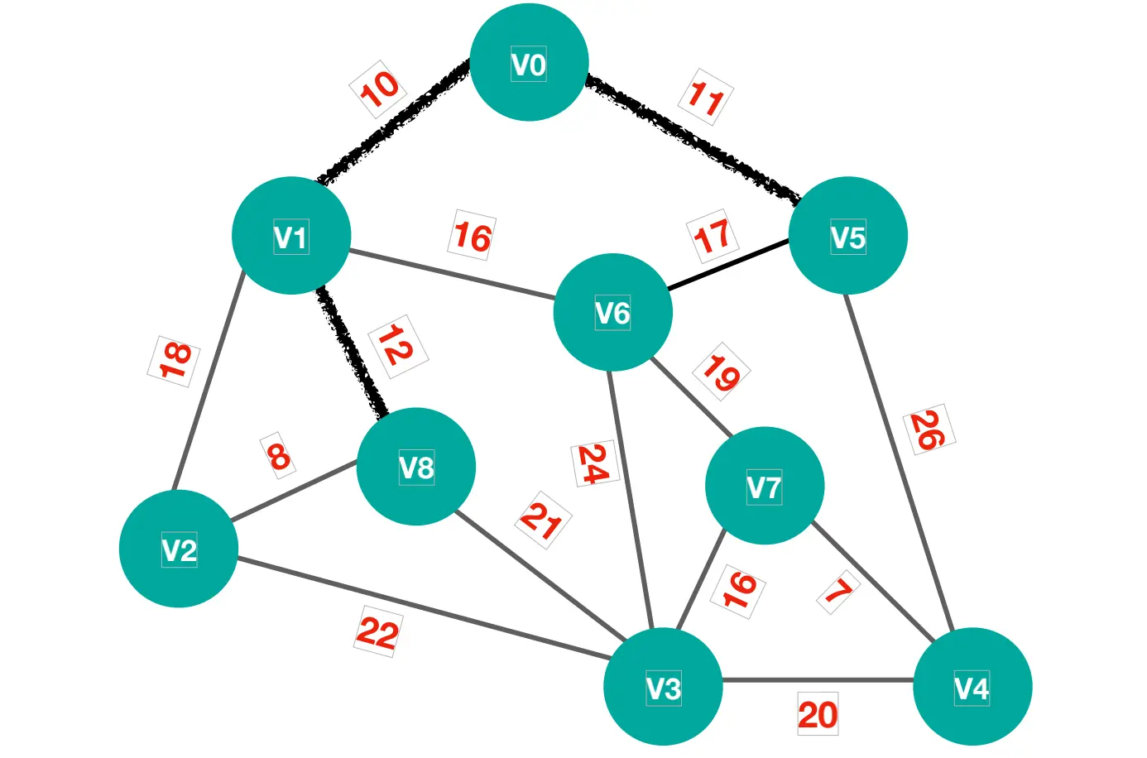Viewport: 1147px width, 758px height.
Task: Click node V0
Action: point(529,63)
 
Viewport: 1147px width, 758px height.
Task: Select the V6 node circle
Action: point(612,312)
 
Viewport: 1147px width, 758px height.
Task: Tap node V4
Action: point(972,687)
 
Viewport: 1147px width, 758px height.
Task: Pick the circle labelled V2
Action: point(179,549)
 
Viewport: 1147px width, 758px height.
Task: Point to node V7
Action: point(764,486)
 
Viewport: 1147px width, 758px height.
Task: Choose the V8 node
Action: point(415,467)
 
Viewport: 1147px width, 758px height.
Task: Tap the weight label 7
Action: point(839,592)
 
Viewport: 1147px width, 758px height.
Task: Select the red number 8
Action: point(278,456)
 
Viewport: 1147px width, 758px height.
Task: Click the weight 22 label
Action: point(378,632)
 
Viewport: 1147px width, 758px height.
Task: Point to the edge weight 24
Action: point(593,464)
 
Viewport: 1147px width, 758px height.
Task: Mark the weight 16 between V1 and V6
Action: point(473,237)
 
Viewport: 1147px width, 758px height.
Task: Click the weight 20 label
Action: point(818,714)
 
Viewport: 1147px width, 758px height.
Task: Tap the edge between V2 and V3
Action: point(422,608)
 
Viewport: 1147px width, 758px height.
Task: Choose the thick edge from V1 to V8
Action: point(353,353)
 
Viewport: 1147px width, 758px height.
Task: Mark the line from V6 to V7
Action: point(692,398)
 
